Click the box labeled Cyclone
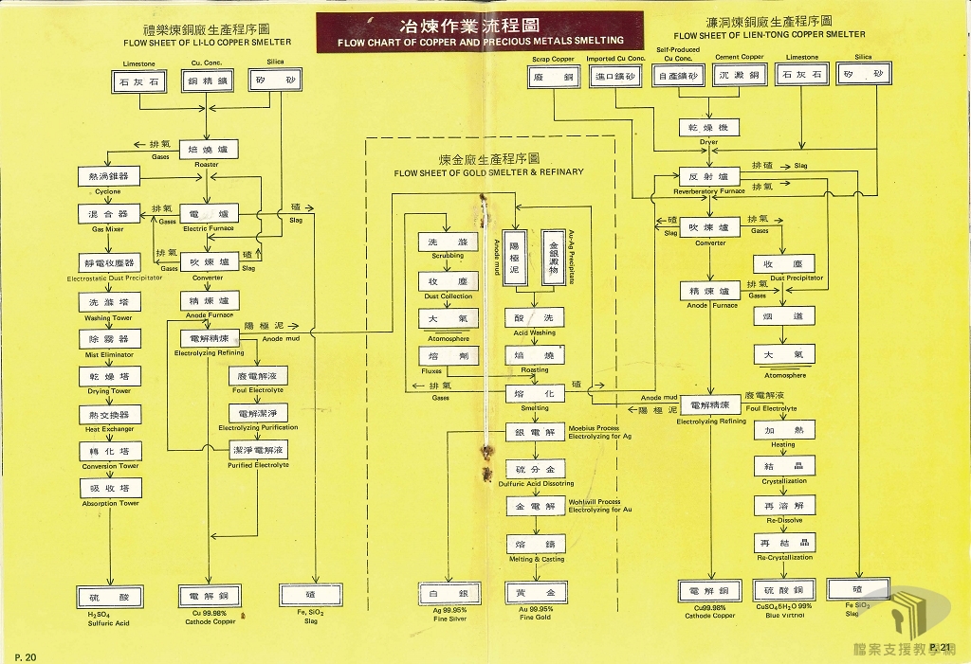click(x=108, y=177)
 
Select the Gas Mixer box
click(x=108, y=215)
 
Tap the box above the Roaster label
click(x=207, y=150)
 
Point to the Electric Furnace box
click(x=208, y=214)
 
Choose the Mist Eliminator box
click(x=110, y=339)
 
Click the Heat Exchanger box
click(x=110, y=415)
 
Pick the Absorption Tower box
click(x=110, y=489)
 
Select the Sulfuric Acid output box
click(x=109, y=597)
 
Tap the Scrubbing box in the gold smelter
click(x=448, y=242)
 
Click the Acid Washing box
click(x=535, y=317)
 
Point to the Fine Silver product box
click(x=448, y=593)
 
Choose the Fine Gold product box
click(x=535, y=593)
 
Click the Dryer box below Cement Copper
click(x=709, y=127)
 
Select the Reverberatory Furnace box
click(x=709, y=177)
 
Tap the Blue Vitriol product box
click(x=783, y=591)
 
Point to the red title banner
click(x=480, y=31)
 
